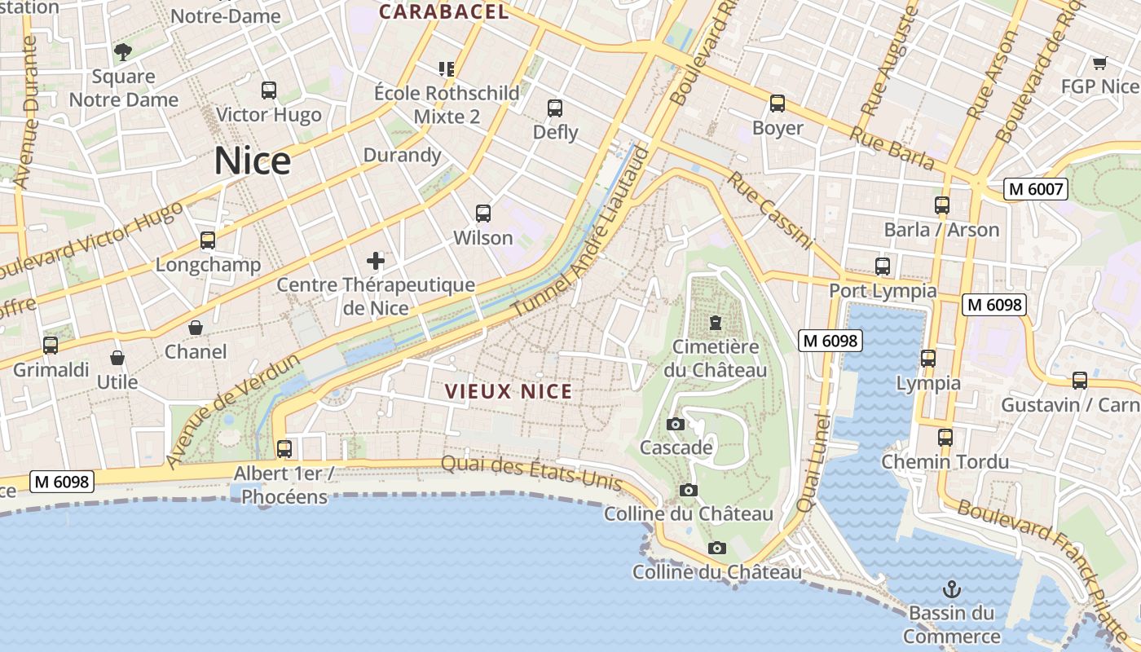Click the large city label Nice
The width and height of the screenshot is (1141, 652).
click(252, 161)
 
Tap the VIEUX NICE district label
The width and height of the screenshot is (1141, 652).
click(509, 391)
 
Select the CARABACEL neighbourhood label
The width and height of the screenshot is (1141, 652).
click(444, 11)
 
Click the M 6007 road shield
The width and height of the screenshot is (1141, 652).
click(1035, 189)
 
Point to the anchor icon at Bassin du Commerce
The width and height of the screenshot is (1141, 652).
click(951, 588)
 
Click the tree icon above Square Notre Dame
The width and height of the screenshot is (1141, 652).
click(123, 53)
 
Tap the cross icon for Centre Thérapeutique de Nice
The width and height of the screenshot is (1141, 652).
click(375, 261)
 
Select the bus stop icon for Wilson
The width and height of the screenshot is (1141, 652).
click(483, 214)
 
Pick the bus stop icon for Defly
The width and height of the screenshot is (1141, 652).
click(555, 108)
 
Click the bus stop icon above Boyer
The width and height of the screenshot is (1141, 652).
click(778, 104)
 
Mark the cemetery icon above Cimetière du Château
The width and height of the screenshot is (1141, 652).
click(716, 323)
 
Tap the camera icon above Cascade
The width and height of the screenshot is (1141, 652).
click(675, 424)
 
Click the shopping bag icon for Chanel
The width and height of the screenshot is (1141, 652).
click(196, 328)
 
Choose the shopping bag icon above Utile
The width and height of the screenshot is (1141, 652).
click(117, 358)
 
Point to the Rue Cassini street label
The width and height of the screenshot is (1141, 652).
click(770, 210)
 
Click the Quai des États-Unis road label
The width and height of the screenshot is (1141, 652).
click(531, 474)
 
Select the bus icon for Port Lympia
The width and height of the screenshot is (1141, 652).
click(882, 266)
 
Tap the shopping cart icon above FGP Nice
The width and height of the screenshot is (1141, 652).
click(1099, 63)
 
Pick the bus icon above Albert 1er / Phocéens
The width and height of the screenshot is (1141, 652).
click(284, 448)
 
